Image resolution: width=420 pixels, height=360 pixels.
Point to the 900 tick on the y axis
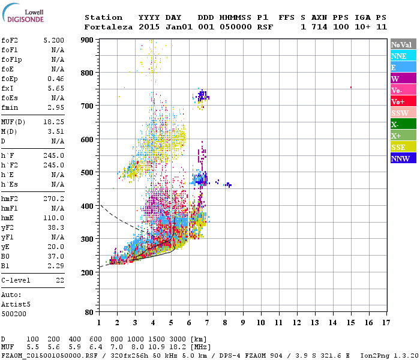coord(88,40)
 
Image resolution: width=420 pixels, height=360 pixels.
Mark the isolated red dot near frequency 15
coord(350,88)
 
